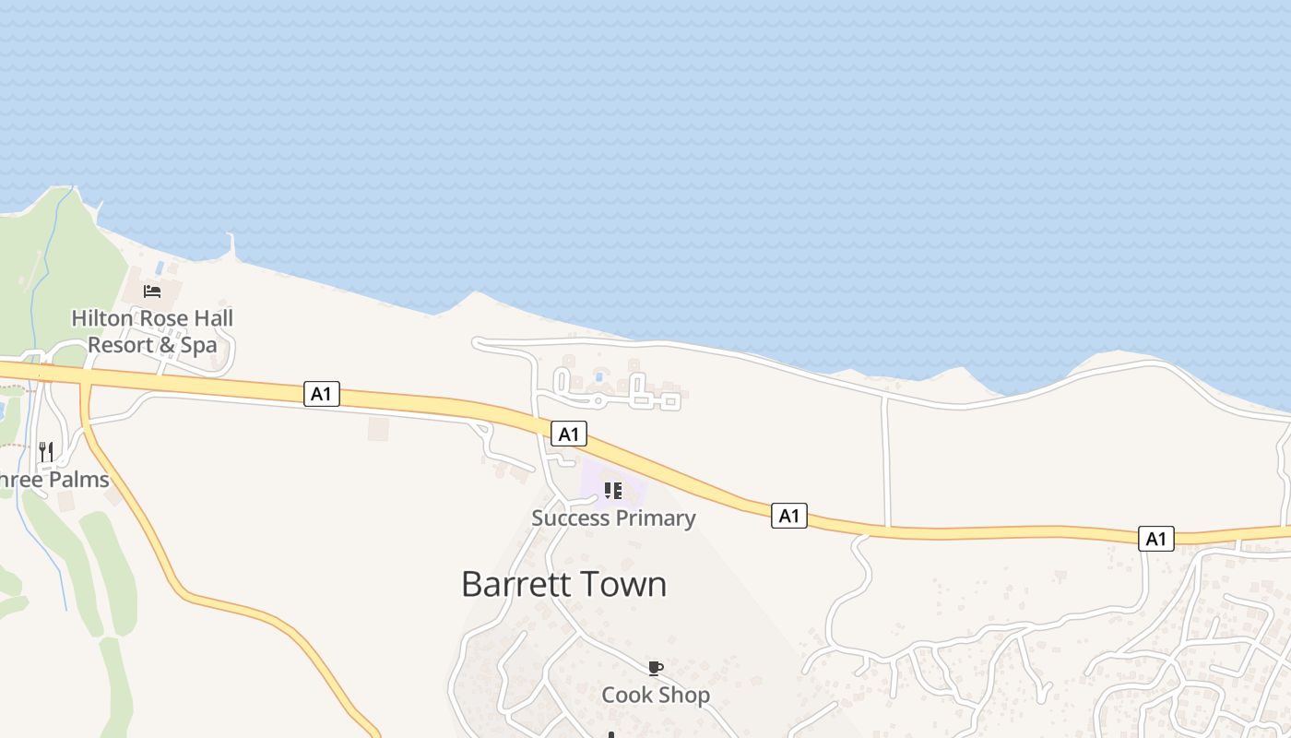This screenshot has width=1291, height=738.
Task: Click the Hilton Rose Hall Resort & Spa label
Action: [152, 331]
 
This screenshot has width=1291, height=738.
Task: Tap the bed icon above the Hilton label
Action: [152, 292]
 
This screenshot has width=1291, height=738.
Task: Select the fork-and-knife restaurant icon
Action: [46, 451]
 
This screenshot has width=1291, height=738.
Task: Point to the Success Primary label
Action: [613, 518]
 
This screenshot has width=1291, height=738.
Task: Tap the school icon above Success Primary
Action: [613, 490]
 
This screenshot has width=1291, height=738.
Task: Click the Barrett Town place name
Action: [563, 584]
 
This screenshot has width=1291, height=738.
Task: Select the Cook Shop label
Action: [656, 695]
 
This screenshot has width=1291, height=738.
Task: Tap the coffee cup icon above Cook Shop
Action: [655, 667]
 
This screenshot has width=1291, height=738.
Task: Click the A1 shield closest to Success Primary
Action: [569, 434]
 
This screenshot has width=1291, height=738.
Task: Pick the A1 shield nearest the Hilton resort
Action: [322, 394]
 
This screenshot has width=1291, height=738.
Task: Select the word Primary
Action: [654, 518]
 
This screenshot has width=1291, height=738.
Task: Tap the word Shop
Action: [687, 695]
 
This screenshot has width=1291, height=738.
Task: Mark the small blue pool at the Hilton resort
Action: [160, 268]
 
